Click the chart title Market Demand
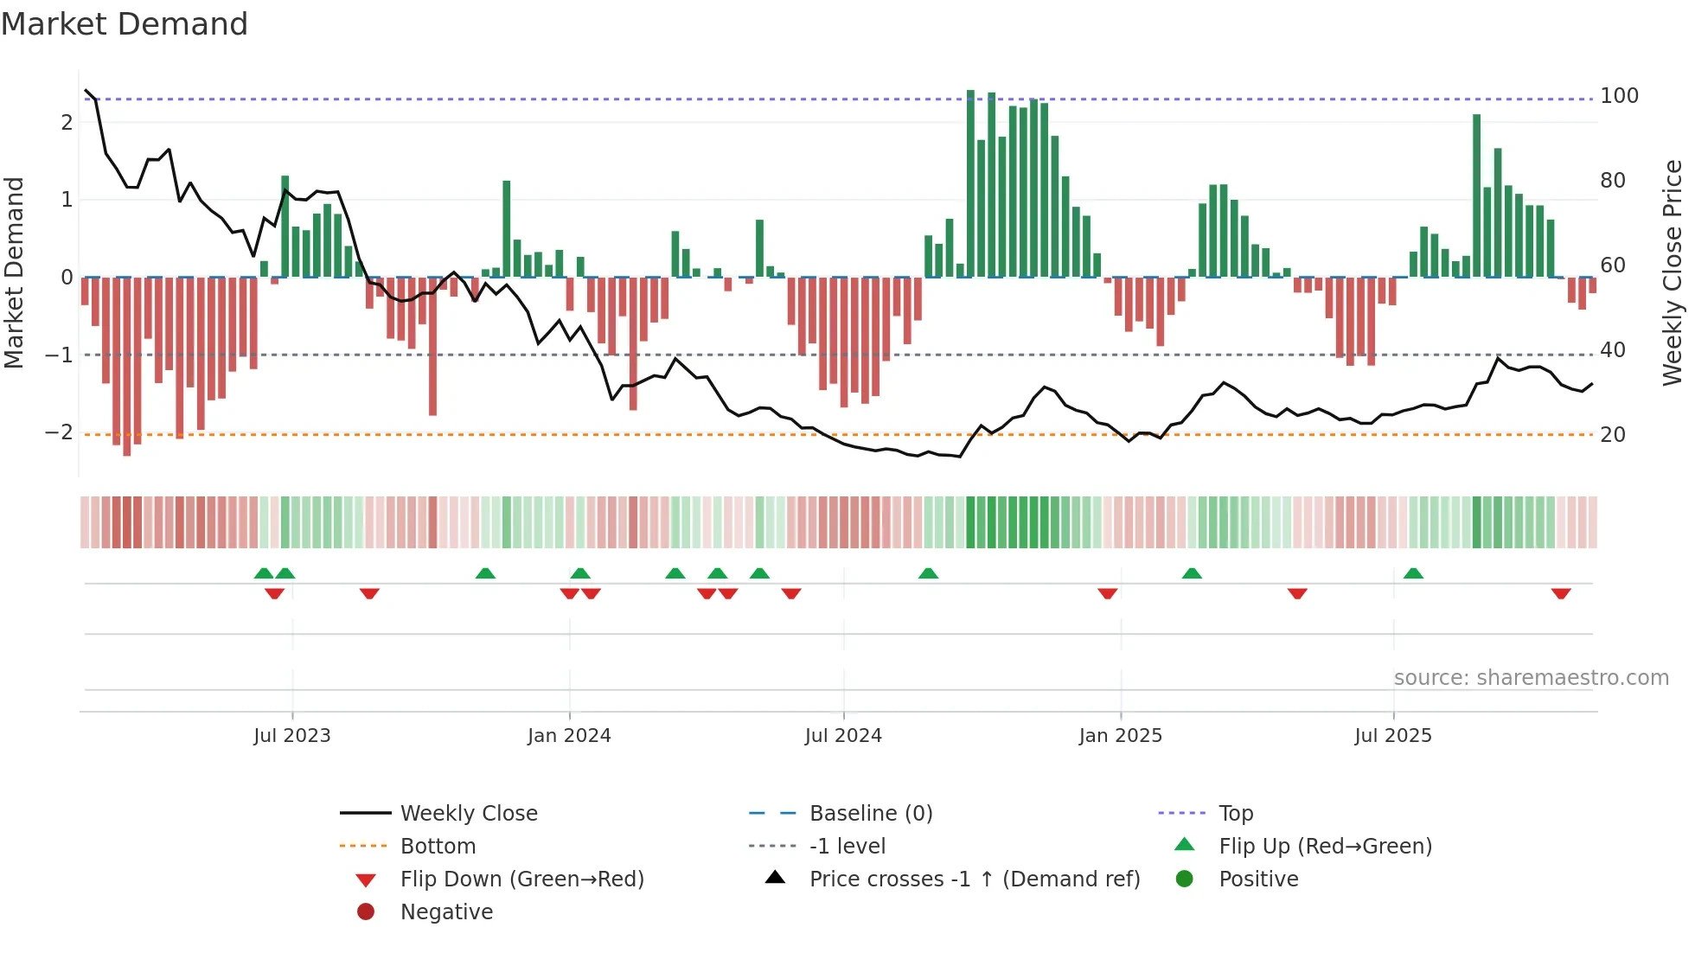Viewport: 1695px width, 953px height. (125, 24)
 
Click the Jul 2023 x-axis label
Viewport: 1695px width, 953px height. (292, 736)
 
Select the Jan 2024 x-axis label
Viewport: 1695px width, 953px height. (569, 736)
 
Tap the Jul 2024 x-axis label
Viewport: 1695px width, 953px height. (843, 736)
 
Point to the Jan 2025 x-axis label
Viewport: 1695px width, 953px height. (1121, 736)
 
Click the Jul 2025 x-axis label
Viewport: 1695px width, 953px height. (1393, 736)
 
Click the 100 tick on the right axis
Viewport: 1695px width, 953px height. (1619, 96)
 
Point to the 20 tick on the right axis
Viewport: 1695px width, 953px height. (1613, 435)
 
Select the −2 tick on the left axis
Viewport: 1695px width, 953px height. (59, 432)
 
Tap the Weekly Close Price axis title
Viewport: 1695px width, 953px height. (1673, 272)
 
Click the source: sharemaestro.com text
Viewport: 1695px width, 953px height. (1531, 678)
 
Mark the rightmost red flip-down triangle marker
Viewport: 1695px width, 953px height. (1561, 593)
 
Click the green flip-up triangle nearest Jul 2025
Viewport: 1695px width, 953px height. (1413, 573)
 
